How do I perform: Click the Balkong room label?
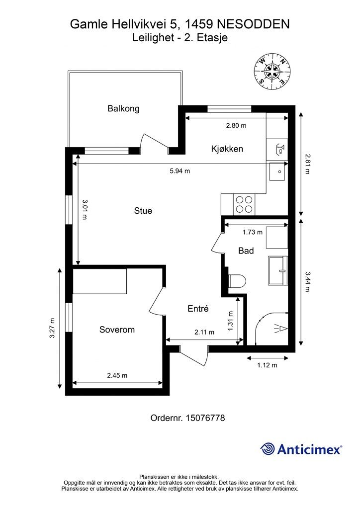coord(123,108)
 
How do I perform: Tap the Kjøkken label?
coord(227,149)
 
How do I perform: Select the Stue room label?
coord(143,211)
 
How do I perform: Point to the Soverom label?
coord(117,330)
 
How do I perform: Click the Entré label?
coord(198,308)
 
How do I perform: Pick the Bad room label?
coord(246,251)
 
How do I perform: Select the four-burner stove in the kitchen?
coord(244,204)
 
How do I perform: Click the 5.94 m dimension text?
coord(180,171)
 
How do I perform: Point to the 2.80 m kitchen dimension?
coord(236,125)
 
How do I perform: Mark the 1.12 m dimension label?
coord(267,365)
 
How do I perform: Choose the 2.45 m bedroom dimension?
coord(117,375)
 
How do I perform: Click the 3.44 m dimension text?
coord(307,281)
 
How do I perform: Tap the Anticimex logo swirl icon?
coord(268,449)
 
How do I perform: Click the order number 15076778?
coord(205,418)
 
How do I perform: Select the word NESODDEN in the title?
coord(253,24)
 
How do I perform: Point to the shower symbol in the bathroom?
coord(279,329)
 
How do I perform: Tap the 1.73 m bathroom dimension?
coord(252,232)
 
